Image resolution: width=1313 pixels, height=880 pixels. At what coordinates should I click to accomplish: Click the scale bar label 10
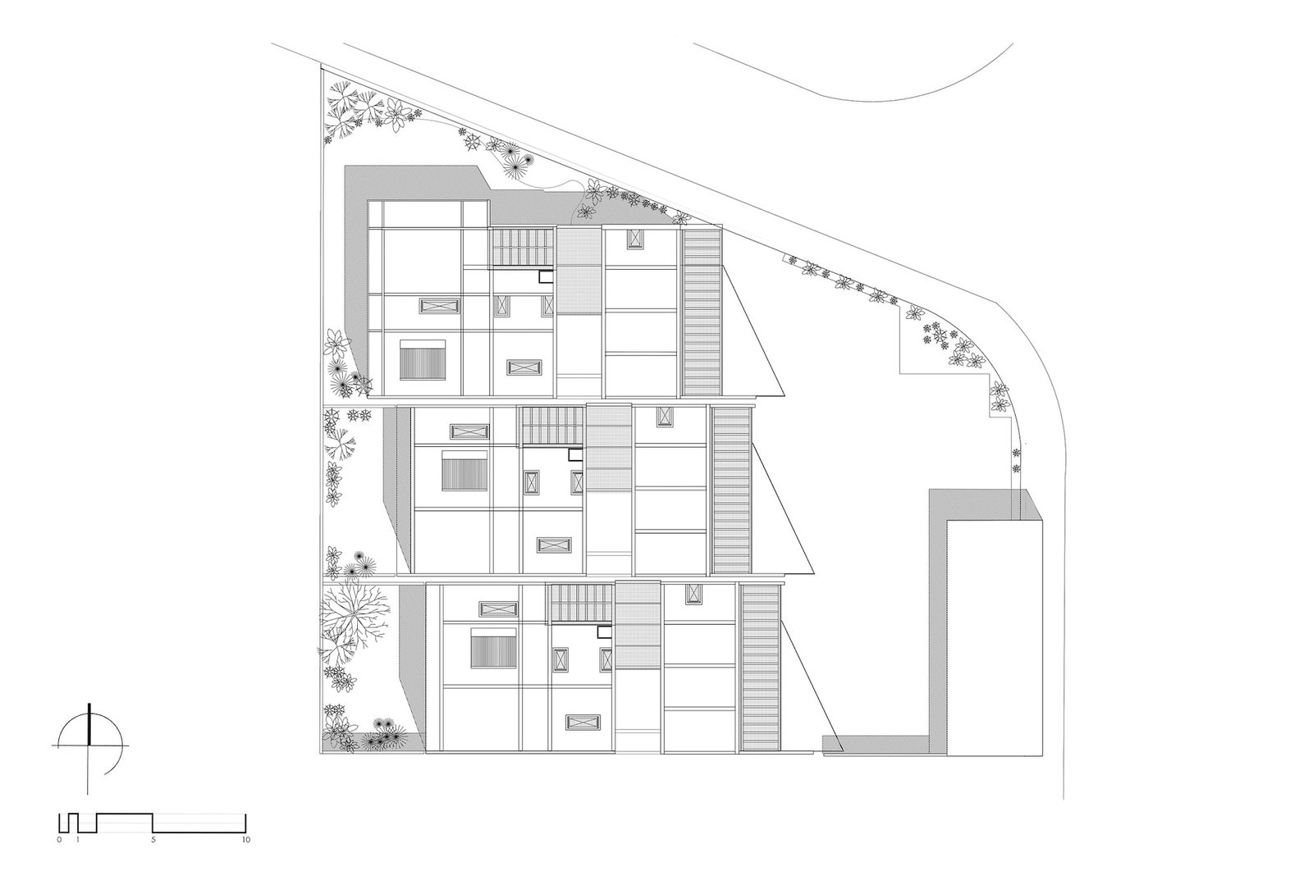[x=245, y=840]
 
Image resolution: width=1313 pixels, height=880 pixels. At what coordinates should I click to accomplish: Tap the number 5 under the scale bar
[x=153, y=840]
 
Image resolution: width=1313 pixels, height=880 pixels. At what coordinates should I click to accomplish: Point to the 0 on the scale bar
[x=59, y=840]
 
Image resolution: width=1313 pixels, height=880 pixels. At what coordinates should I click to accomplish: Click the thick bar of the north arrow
[x=89, y=723]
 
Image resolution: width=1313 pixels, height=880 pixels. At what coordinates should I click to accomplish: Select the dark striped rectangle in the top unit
[x=423, y=359]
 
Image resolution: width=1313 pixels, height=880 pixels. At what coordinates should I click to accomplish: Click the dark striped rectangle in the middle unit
[x=464, y=471]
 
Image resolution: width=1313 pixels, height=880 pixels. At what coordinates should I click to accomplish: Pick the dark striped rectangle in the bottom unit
[x=493, y=649]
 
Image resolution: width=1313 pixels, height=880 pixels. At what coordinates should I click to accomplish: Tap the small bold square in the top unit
[x=547, y=276]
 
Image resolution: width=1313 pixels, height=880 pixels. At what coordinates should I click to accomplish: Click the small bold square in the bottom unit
[x=604, y=631]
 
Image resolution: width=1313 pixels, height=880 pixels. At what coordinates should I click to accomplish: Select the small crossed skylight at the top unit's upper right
[x=635, y=239]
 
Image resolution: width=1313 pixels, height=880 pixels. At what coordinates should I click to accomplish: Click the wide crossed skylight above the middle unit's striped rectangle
[x=469, y=431]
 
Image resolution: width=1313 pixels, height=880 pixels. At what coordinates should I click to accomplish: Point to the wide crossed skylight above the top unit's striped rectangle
[x=439, y=306]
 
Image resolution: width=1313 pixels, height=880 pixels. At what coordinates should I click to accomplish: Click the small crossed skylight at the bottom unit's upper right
[x=693, y=593]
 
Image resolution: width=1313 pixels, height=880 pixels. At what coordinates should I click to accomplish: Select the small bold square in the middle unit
[x=575, y=455]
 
